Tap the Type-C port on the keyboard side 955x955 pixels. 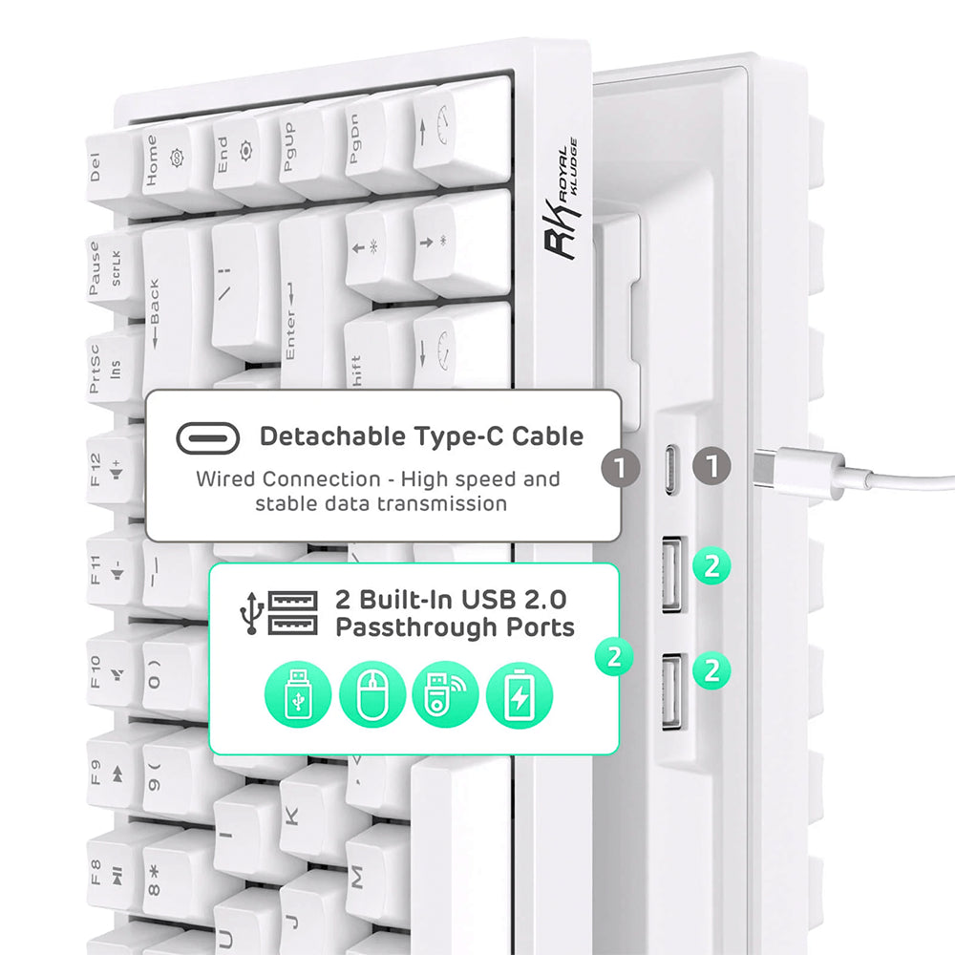click(670, 470)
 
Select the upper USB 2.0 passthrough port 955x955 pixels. click(671, 574)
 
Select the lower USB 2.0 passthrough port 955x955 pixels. click(671, 691)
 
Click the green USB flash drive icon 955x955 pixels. click(298, 694)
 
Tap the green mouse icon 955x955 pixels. click(372, 694)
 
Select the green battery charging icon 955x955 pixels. click(520, 694)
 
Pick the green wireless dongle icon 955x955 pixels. click(446, 694)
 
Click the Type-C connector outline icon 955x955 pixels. click(207, 438)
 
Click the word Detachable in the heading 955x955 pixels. click(333, 436)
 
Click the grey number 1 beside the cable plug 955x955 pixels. click(712, 467)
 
